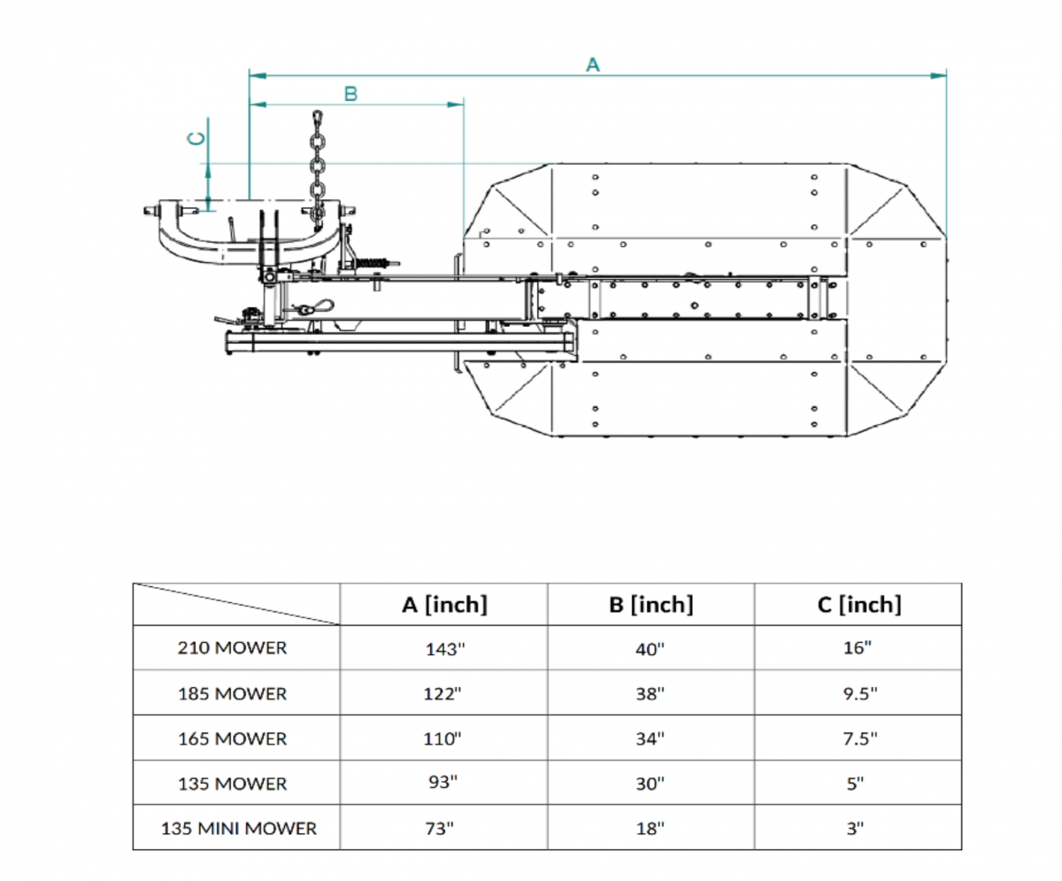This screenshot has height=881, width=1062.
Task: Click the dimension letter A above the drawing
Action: click(x=593, y=64)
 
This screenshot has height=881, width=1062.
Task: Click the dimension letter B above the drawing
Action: click(x=350, y=94)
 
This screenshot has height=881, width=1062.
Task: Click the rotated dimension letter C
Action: click(x=197, y=138)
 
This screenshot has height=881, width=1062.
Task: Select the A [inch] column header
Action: click(x=443, y=605)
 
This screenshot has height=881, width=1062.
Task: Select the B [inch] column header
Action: click(x=650, y=605)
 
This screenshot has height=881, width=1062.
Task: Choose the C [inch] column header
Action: click(x=858, y=605)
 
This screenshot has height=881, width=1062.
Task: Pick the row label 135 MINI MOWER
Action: click(x=238, y=830)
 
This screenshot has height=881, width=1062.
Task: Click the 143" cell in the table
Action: click(x=444, y=649)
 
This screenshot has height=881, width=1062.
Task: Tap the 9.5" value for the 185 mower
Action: click(x=858, y=694)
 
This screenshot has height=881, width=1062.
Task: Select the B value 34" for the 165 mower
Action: click(x=650, y=738)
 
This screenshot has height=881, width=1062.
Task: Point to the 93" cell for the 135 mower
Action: click(x=444, y=784)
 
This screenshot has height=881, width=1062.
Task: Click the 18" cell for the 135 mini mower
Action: click(x=650, y=830)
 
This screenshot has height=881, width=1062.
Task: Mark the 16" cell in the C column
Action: click(x=858, y=648)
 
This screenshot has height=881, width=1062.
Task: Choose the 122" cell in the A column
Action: click(x=444, y=694)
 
